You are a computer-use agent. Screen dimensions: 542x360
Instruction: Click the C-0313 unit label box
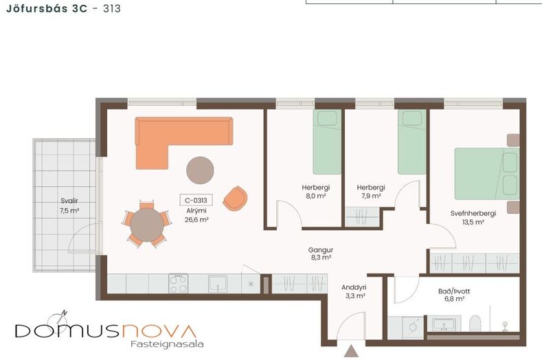pyautogui.click(x=196, y=200)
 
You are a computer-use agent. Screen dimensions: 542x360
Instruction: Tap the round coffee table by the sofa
pyautogui.click(x=200, y=170)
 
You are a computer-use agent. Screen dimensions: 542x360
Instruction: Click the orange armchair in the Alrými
pyautogui.click(x=235, y=199)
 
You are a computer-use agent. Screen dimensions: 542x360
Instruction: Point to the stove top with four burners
pyautogui.click(x=179, y=284)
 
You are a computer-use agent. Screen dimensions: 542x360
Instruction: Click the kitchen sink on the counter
pyautogui.click(x=218, y=284)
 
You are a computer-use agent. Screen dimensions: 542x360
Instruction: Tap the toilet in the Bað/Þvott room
pyautogui.click(x=475, y=324)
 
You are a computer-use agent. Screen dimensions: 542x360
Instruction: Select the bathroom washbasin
pyautogui.click(x=444, y=324)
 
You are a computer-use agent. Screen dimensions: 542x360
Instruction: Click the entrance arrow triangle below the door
pyautogui.click(x=352, y=350)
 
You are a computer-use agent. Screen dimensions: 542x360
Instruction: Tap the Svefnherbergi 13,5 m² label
pyautogui.click(x=473, y=218)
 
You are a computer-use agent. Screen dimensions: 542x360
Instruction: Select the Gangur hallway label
pyautogui.click(x=321, y=254)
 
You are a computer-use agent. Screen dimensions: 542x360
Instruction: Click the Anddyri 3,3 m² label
pyautogui.click(x=354, y=291)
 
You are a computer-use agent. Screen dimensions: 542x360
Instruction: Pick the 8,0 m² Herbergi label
pyautogui.click(x=316, y=192)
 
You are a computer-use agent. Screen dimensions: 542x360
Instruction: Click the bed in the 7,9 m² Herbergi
pyautogui.click(x=411, y=142)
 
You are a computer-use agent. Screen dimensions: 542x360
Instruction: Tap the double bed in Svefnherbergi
pyautogui.click(x=486, y=174)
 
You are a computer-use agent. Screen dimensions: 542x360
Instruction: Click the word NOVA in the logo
pyautogui.click(x=159, y=331)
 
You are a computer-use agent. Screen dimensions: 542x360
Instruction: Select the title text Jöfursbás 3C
pyautogui.click(x=47, y=8)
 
